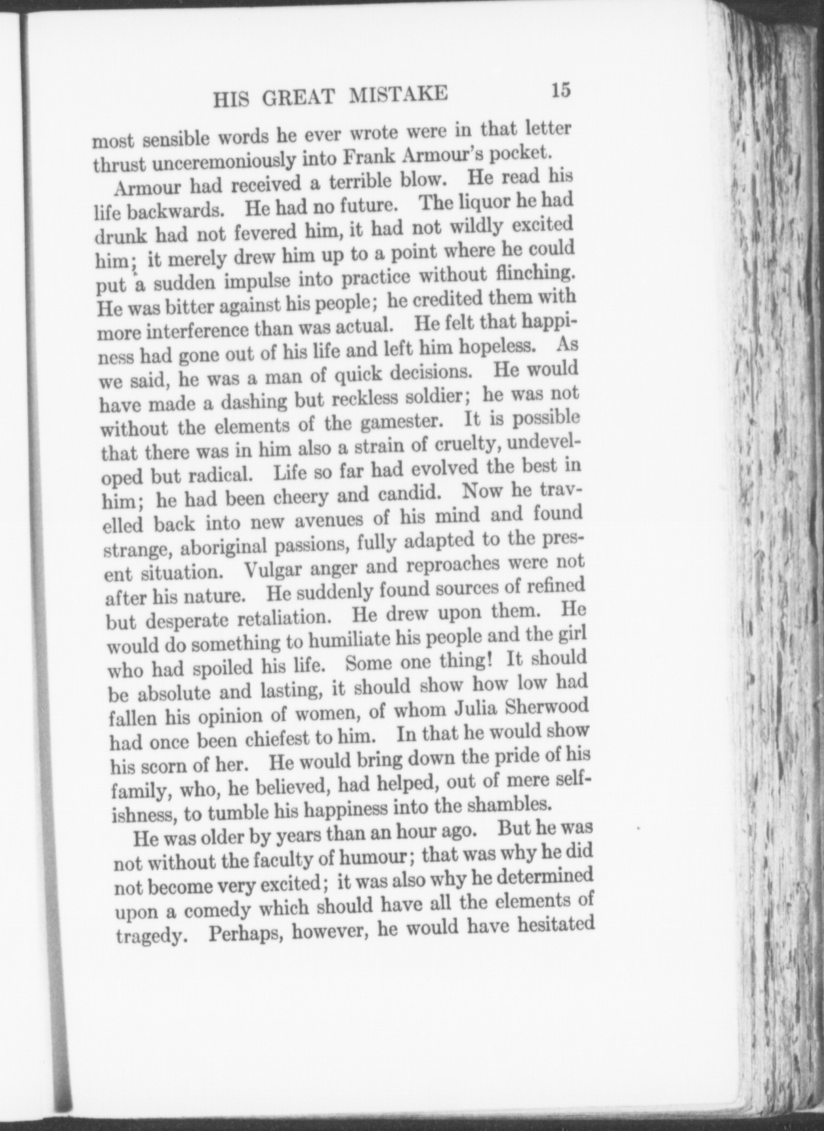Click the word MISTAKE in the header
point(398,95)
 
